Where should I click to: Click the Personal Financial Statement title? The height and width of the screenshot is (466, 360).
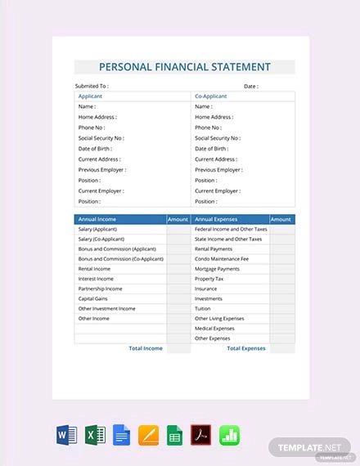tap(184, 67)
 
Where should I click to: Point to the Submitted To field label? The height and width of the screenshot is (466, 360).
tap(92, 86)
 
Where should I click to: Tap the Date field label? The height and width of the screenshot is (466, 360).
tap(250, 86)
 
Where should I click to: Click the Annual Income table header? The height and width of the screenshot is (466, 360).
tap(97, 219)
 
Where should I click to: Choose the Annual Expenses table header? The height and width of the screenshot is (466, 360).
tap(215, 219)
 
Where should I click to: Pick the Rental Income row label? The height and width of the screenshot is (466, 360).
tap(94, 269)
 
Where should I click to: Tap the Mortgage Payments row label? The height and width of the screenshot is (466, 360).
tap(217, 269)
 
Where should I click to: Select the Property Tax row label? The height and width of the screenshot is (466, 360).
tap(209, 279)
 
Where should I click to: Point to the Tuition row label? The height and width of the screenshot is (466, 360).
tap(203, 308)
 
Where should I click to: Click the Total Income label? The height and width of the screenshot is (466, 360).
tap(146, 348)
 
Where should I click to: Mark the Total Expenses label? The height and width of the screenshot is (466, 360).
tap(245, 348)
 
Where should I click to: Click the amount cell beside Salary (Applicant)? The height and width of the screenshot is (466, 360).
tap(178, 230)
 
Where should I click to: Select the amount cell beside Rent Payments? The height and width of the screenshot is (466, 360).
tap(281, 249)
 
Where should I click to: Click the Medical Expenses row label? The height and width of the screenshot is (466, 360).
tap(215, 328)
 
